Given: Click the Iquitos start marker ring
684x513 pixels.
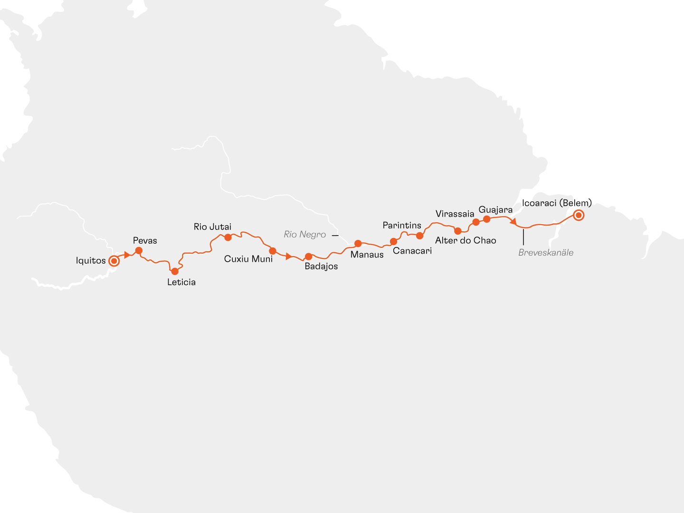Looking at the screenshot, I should coord(114,261).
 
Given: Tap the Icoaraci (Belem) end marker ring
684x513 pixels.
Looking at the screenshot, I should coord(578,215).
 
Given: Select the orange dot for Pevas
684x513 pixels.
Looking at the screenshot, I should coord(139,250).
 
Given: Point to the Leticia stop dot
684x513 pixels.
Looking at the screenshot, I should coord(175,271).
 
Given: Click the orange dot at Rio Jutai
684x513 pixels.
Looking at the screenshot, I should coord(228,237).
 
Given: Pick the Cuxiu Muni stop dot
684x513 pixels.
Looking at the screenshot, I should coord(273,250).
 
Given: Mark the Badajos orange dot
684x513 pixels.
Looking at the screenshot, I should coord(308,256).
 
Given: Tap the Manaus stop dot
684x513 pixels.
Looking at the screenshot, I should coord(358,243).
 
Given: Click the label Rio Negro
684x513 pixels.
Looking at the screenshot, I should coord(305,234).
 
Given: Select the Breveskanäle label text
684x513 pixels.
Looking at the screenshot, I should coord(546,253).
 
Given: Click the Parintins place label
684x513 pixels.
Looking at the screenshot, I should coord(402,225).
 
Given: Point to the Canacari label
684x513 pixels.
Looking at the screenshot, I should coord(412,251).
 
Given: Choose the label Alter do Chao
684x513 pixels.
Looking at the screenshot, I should coord(465,240).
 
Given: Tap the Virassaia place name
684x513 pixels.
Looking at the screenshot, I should coord(455,214).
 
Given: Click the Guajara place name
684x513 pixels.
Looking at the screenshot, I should coord(495,209).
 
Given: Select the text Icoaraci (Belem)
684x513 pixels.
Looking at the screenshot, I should coord(557,203).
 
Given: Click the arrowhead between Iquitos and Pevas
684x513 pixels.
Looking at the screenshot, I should coord(127,255).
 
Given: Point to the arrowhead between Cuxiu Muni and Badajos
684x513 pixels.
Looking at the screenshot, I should coord(288,256).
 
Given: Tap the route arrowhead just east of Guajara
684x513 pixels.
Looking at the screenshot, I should coord(513,221).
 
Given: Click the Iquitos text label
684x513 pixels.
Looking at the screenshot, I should coord(91,260).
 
